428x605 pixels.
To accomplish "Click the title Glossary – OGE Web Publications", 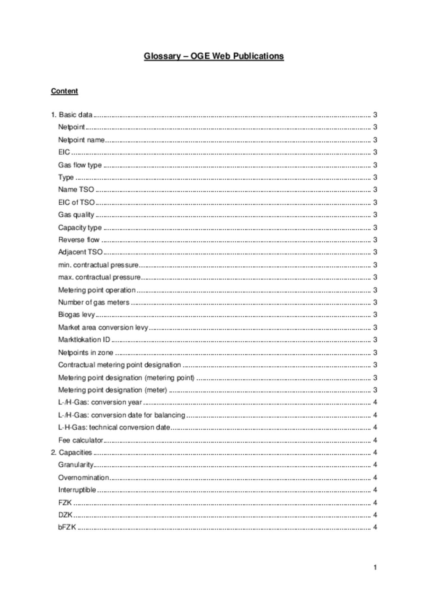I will (x=214, y=56).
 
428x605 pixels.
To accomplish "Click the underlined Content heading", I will (x=64, y=91).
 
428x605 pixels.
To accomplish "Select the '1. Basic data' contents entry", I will (x=72, y=115).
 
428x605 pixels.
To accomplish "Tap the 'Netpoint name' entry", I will (x=81, y=140).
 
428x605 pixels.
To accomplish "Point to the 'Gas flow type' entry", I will (x=80, y=165).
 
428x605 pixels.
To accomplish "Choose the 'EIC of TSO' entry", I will (x=76, y=202).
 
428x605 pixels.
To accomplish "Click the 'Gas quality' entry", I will (x=76, y=215).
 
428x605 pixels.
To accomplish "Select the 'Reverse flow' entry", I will (x=79, y=240).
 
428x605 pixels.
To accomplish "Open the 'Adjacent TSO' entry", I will (x=80, y=252).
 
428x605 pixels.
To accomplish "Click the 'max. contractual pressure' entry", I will (x=99, y=277).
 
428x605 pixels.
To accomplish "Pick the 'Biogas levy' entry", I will (x=76, y=314).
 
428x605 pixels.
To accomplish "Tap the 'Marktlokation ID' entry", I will (x=84, y=340).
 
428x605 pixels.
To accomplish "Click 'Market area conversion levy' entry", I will (x=103, y=327).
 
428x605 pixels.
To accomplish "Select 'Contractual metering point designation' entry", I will (x=119, y=365).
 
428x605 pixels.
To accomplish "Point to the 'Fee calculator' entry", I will (x=81, y=440).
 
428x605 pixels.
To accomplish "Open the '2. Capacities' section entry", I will (x=71, y=452).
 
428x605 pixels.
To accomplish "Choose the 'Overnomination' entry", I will (x=84, y=477).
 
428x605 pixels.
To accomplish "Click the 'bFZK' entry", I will (x=67, y=527).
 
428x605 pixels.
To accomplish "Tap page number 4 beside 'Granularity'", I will (x=375, y=465).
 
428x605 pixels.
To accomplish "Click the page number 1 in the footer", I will (x=375, y=567).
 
